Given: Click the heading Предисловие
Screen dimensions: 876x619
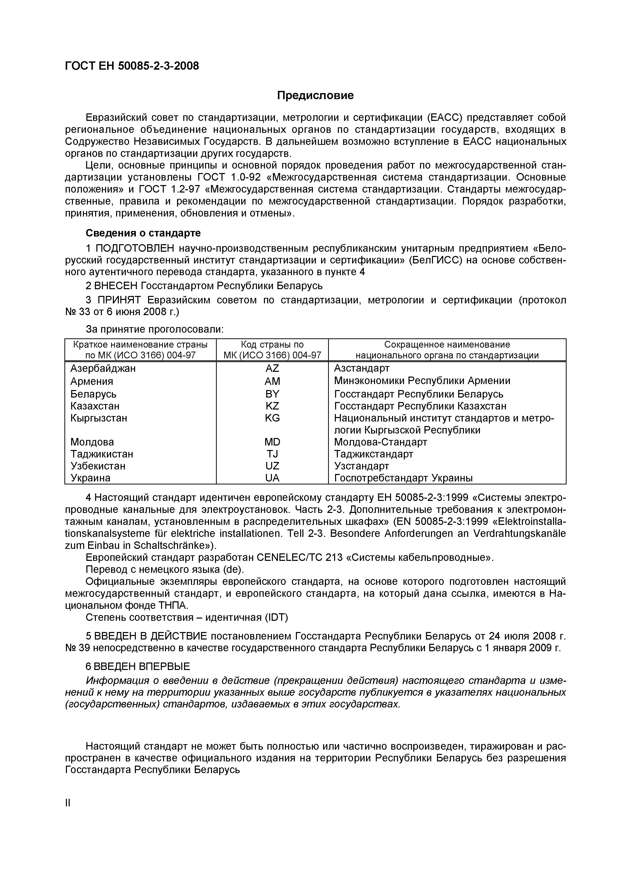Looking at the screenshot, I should pyautogui.click(x=315, y=95).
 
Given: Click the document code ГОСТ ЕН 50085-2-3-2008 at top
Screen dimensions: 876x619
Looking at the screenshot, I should pyautogui.click(x=132, y=66).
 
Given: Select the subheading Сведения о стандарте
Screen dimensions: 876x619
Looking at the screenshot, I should pyautogui.click(x=143, y=233).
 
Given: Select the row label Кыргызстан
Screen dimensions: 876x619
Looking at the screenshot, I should pyautogui.click(x=99, y=418).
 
